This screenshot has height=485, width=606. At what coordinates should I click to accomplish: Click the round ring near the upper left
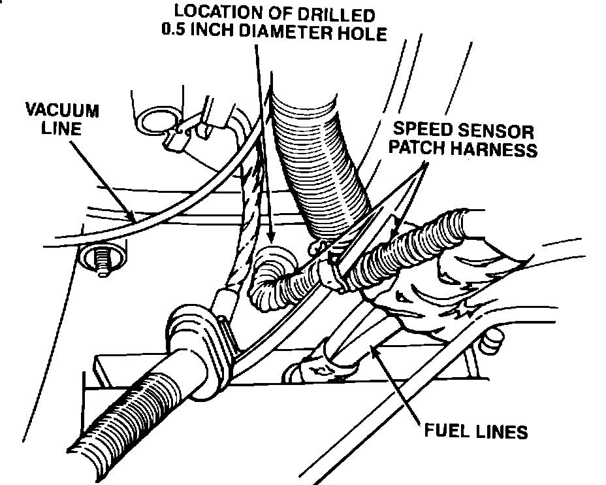pyautogui.click(x=157, y=121)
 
